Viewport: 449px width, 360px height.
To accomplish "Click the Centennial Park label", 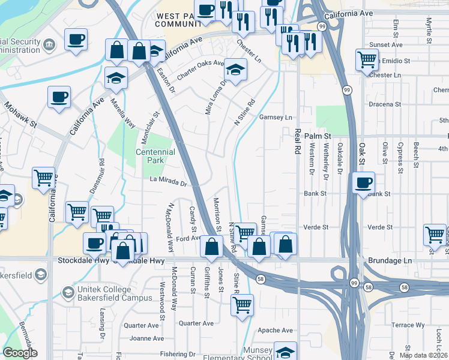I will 155,157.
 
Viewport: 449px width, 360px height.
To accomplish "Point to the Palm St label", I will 318,136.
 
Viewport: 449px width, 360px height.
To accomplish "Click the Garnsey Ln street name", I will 276,118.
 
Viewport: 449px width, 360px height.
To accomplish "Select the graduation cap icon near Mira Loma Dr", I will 236,69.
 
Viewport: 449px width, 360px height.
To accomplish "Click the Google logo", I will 20,353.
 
